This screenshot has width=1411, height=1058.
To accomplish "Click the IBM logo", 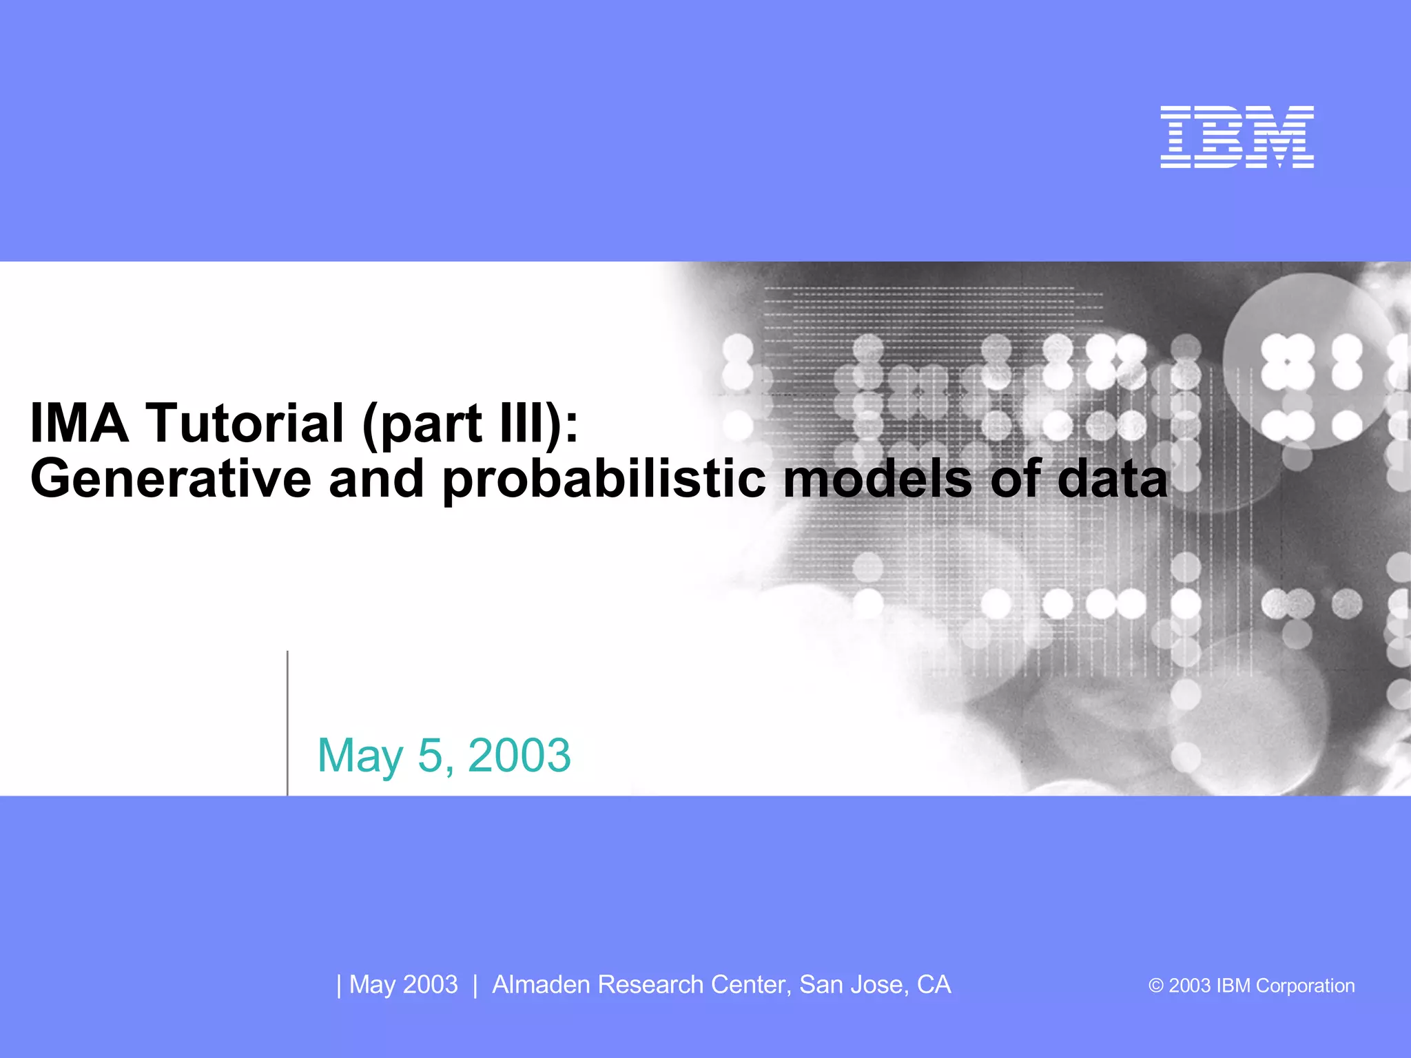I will click(1237, 136).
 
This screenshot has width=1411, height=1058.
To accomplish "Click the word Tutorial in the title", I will click(245, 423).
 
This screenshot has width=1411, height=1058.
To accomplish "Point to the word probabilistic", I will click(604, 479).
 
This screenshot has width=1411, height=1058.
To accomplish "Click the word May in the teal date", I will click(360, 756).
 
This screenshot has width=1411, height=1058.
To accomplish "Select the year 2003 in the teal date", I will click(519, 756).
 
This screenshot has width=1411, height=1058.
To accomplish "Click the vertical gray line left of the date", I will click(287, 723).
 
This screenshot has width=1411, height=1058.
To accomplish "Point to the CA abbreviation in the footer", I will click(934, 985).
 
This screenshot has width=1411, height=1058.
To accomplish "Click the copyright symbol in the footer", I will click(1155, 986).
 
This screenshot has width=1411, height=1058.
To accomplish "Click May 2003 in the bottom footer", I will click(403, 985).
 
